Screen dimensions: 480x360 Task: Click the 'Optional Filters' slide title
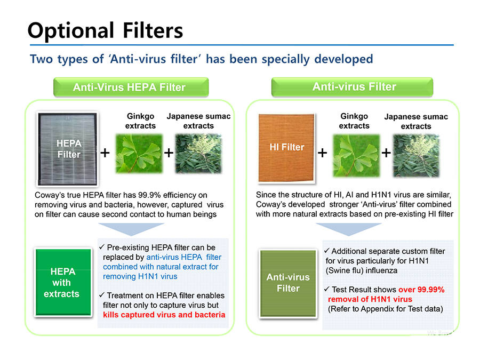point(105,30)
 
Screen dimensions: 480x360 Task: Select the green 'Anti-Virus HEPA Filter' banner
point(131,87)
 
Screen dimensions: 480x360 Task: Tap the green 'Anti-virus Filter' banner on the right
point(353,87)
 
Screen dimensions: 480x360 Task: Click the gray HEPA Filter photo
point(67,149)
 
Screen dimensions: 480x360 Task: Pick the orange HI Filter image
point(286,148)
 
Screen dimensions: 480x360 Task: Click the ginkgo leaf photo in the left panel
point(139,154)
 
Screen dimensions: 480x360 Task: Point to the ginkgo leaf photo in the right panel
point(356,156)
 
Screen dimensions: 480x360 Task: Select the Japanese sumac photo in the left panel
point(198,154)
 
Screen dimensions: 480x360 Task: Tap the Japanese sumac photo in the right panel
point(416,156)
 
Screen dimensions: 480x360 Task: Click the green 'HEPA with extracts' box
point(63,282)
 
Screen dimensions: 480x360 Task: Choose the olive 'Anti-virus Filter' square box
point(288,283)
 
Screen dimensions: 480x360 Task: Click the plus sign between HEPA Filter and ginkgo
point(105,153)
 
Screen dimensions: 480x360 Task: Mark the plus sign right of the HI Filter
point(322,153)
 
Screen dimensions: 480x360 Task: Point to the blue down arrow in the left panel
point(131,228)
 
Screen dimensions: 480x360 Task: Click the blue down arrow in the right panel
point(349,228)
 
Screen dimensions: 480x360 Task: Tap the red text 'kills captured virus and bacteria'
point(164,315)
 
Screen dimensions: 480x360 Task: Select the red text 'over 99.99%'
point(421,290)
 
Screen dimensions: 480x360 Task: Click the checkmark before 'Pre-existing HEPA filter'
point(102,247)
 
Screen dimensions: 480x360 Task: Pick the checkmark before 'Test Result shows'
point(327,289)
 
